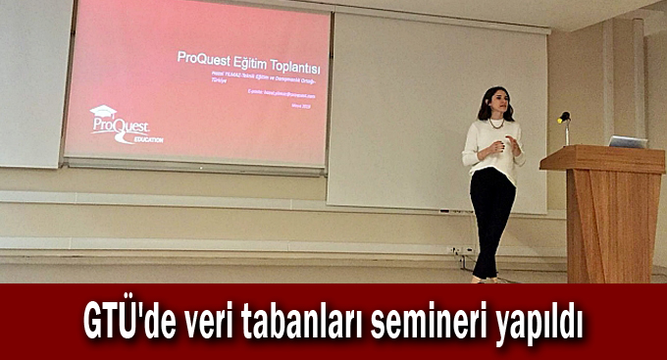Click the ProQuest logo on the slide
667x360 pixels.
(x=115, y=127)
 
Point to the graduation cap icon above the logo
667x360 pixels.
(x=103, y=111)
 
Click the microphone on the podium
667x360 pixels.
(x=563, y=118)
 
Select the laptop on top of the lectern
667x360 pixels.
(x=628, y=141)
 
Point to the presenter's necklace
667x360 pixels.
(x=496, y=124)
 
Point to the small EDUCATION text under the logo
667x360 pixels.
(x=147, y=139)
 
